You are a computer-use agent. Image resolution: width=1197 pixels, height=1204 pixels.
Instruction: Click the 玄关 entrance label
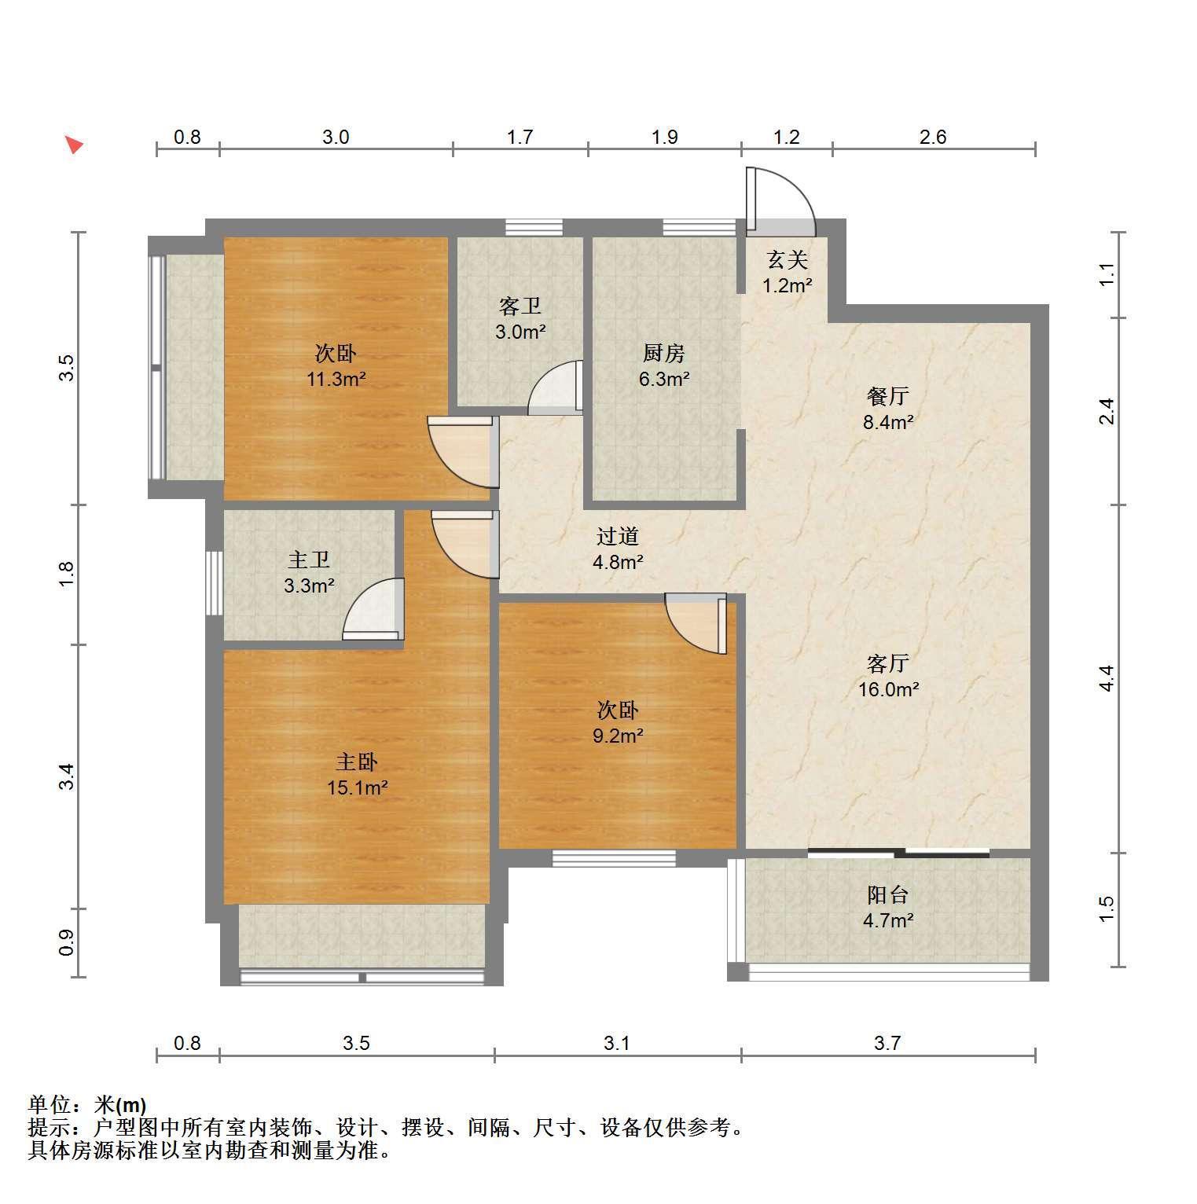pos(788,259)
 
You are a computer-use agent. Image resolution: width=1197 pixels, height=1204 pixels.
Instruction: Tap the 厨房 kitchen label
pos(664,353)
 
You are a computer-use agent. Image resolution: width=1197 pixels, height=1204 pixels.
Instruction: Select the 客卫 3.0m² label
pos(520,318)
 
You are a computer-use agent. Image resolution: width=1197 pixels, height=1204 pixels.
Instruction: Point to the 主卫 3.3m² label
pos(309,572)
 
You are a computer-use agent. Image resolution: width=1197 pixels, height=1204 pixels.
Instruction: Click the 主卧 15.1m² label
pos(358,774)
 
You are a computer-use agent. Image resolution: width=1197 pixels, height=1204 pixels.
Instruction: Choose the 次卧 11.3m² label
pos(336,366)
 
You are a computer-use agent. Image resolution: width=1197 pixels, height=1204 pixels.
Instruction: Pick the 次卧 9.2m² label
pos(618,723)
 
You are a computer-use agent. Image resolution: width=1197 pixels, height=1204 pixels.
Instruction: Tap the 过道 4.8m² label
pos(618,549)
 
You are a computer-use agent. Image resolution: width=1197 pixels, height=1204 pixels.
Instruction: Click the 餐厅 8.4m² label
pos(888,409)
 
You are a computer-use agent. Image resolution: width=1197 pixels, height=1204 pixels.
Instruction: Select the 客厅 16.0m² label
pos(888,676)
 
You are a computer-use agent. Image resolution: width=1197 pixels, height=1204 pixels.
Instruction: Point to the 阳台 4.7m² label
pos(888,907)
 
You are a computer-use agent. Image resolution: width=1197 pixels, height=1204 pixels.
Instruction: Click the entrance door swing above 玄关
pos(780,201)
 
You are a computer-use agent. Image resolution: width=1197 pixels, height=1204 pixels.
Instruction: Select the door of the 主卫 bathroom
pos(373,608)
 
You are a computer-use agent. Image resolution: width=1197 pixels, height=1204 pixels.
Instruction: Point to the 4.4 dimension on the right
pos(1107,677)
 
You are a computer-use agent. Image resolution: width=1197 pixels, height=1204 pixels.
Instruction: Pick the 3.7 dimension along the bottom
pos(887,1043)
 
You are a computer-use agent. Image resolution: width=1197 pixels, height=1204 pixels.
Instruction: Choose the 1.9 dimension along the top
pos(664,137)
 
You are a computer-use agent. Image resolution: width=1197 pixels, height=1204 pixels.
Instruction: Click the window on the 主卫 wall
pos(214,582)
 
